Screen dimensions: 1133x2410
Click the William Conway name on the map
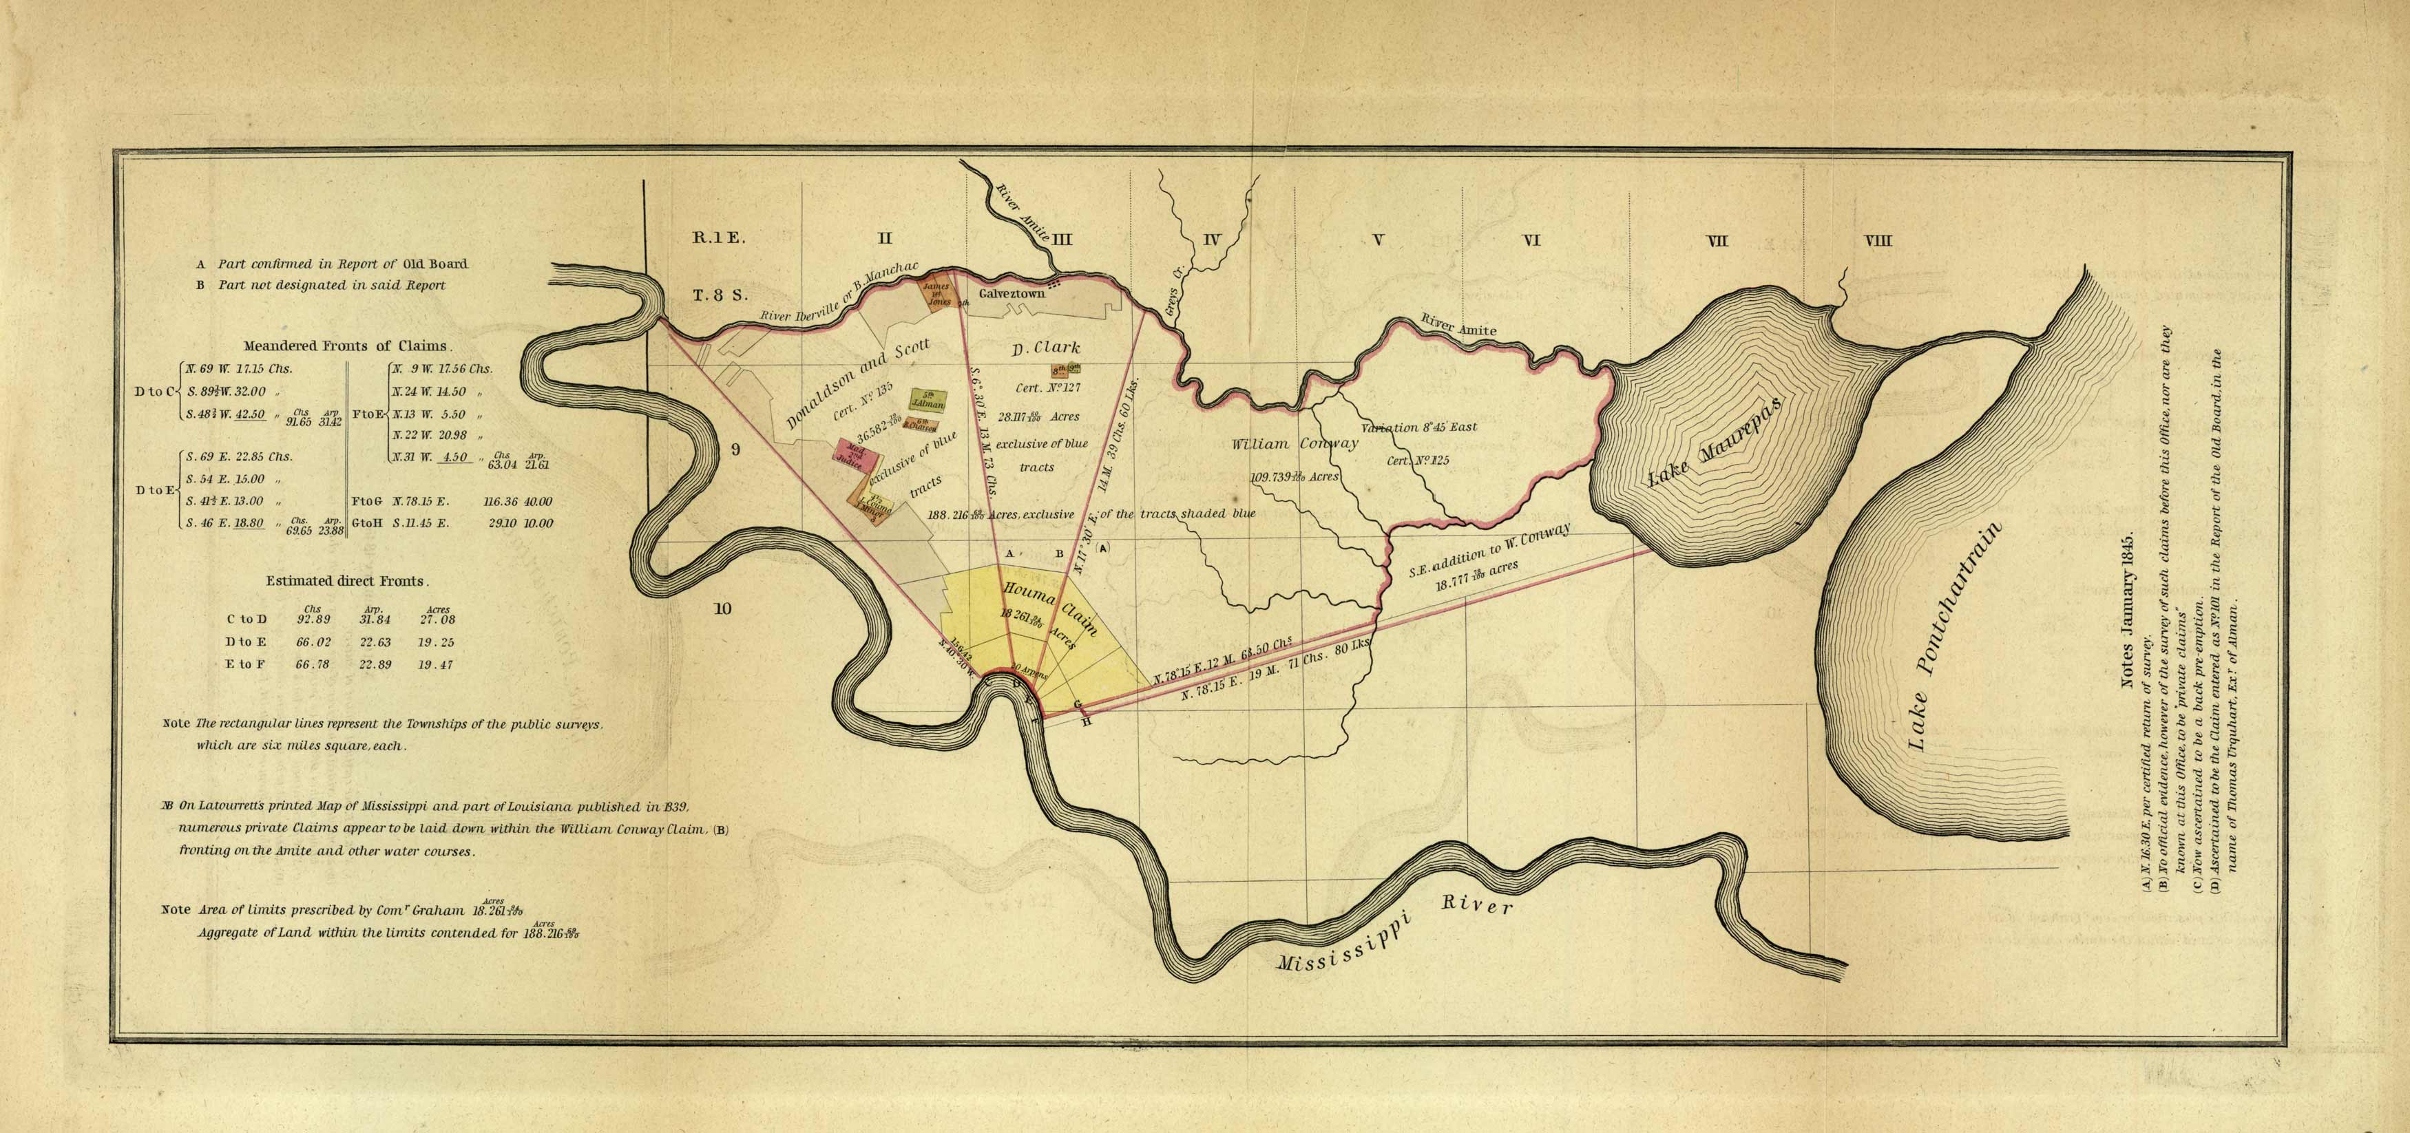tap(1295, 443)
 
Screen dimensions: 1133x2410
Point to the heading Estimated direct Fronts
tap(347, 581)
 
